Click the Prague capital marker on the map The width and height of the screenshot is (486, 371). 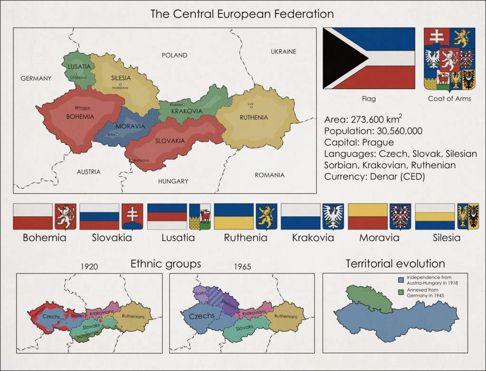77,108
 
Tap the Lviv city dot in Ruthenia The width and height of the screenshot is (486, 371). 251,107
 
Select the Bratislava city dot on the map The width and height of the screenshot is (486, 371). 132,161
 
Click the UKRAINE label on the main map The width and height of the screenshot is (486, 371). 283,51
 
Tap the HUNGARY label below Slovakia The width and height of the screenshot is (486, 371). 173,181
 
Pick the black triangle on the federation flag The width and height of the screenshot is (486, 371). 342,58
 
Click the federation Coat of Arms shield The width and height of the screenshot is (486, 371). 449,58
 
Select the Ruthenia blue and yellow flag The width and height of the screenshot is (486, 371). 233,217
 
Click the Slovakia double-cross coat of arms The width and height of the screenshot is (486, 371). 132,217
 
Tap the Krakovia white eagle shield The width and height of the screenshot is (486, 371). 333,217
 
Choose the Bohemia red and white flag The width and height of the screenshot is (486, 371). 32,217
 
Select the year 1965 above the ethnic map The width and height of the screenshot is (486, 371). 243,266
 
